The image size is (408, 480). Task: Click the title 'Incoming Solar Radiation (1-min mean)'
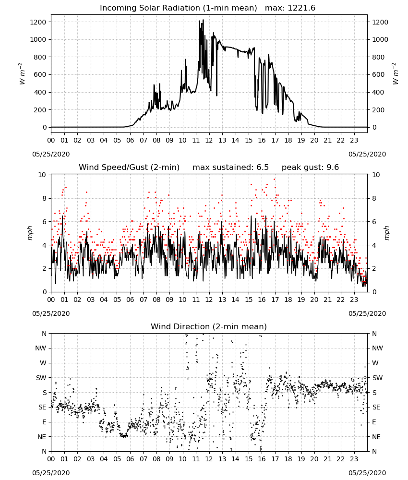(179, 8)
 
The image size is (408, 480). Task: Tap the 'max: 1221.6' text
(290, 8)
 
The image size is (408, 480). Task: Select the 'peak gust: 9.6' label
(310, 167)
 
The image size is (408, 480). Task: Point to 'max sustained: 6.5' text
(230, 167)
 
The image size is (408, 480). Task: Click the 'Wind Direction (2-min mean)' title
(209, 326)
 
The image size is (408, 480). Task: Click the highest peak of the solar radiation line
(203, 20)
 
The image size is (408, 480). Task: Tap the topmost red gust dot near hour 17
(274, 180)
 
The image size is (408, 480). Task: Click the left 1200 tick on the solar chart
(38, 22)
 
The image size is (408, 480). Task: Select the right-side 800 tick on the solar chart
(380, 57)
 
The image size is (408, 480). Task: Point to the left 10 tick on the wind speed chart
(42, 175)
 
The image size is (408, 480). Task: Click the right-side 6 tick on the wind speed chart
(374, 222)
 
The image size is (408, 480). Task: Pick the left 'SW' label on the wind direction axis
(41, 378)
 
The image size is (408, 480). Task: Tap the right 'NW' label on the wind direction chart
(377, 348)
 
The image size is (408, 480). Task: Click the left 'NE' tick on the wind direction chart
(42, 437)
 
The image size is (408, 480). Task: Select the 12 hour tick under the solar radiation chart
(209, 140)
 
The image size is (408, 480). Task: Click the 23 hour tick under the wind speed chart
(354, 300)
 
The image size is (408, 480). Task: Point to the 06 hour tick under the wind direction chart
(130, 458)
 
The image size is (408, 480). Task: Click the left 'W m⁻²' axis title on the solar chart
(22, 74)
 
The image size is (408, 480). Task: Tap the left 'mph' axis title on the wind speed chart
(30, 233)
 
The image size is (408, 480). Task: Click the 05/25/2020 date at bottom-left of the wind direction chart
(51, 473)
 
